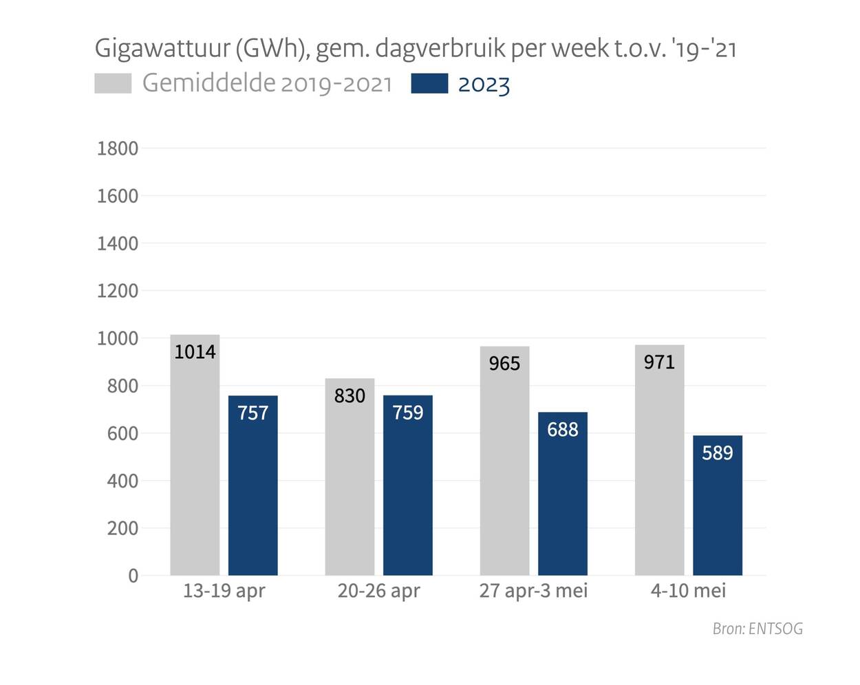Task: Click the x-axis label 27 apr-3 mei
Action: tap(533, 591)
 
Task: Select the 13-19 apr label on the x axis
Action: tap(224, 591)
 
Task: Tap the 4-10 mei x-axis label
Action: tap(688, 591)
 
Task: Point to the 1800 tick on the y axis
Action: tap(118, 149)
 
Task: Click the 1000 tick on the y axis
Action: tap(118, 338)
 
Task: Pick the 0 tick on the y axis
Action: tap(133, 576)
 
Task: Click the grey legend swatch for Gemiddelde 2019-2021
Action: tap(113, 83)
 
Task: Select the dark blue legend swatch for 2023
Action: tap(429, 83)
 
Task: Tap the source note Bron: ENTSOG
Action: tap(757, 629)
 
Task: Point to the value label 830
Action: tap(350, 395)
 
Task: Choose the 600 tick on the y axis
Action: tap(122, 433)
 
